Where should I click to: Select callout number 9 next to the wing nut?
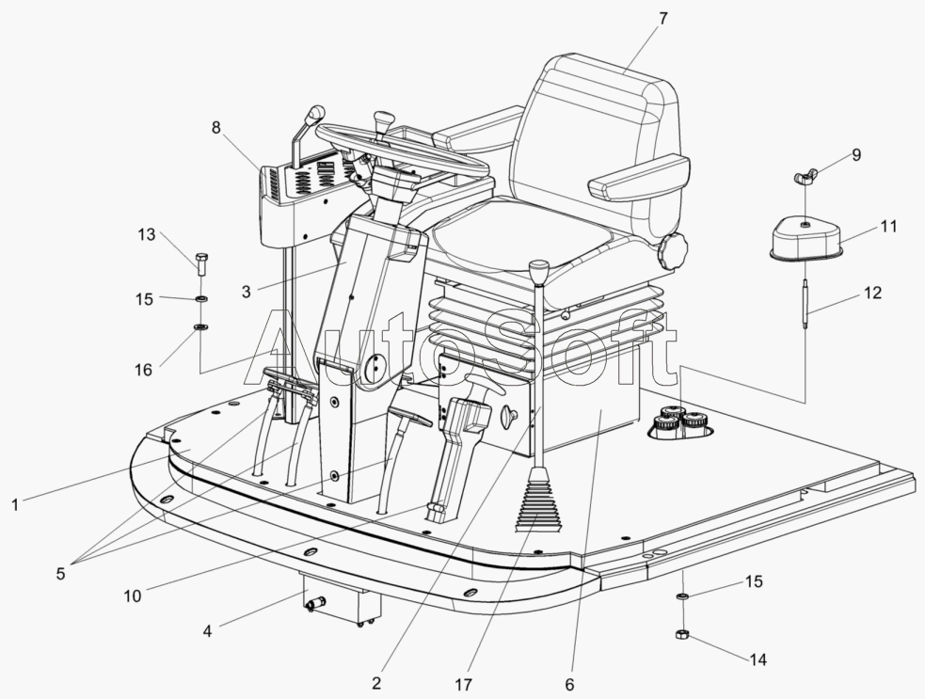click(855, 155)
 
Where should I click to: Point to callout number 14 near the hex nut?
click(758, 660)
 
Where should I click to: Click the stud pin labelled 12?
click(806, 303)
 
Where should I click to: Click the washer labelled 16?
click(200, 327)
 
